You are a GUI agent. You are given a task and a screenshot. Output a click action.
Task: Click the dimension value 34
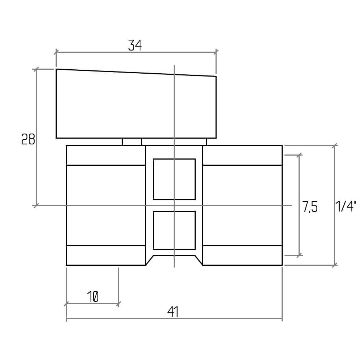(135, 45)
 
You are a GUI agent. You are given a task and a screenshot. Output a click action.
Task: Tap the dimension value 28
(28, 139)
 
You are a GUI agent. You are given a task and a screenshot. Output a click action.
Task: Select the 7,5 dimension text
(310, 206)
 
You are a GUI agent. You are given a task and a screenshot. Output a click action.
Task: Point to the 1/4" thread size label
(346, 206)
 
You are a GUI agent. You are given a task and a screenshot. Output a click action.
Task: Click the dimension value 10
(93, 296)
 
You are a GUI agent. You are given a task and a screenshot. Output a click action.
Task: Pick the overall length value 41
(173, 312)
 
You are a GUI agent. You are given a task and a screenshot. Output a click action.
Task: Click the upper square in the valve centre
(174, 179)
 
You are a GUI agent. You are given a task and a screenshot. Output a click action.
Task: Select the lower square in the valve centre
(174, 230)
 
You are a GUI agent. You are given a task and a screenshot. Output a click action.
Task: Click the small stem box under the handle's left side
(132, 142)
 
